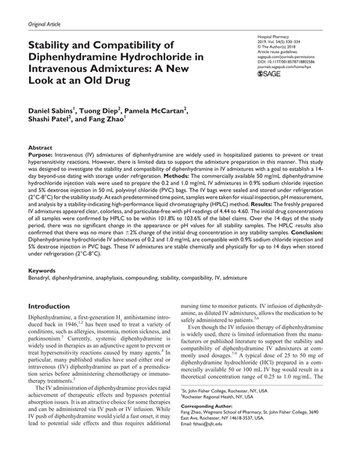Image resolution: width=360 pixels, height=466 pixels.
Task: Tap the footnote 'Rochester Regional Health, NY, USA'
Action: (237, 418)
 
